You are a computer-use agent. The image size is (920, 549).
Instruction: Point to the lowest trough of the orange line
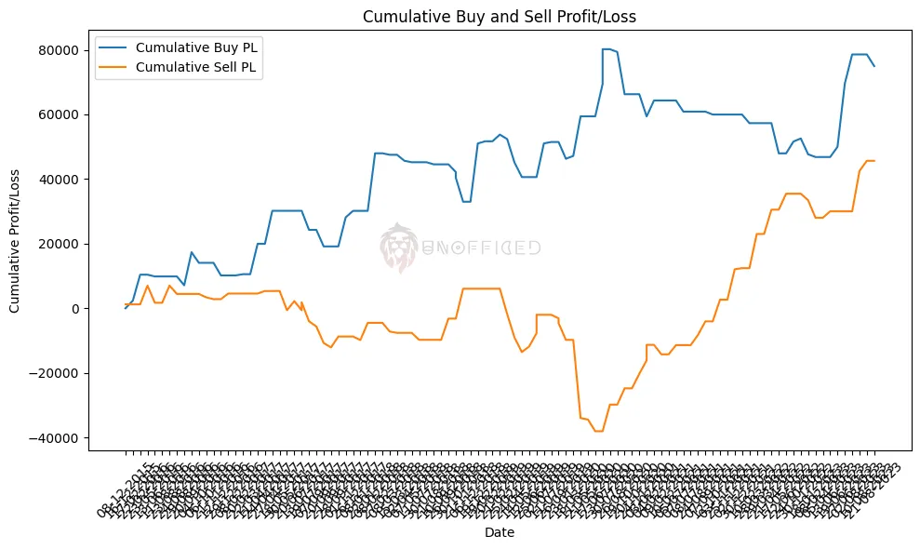[599, 431]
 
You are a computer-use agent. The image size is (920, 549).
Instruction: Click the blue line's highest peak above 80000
[607, 49]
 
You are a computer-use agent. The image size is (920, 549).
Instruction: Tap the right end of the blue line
[874, 66]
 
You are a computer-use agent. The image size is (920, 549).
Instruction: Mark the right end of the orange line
[874, 161]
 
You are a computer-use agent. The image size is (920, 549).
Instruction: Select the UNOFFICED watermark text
[481, 248]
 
